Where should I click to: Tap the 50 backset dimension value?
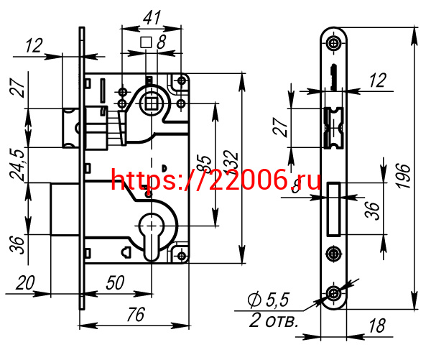[116, 282]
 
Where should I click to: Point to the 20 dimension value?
[26, 283]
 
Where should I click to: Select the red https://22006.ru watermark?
[215, 180]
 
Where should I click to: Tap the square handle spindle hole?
[152, 101]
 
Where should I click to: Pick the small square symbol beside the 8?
[146, 42]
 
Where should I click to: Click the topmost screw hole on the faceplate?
[333, 44]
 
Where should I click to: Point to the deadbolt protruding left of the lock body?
[65, 209]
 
